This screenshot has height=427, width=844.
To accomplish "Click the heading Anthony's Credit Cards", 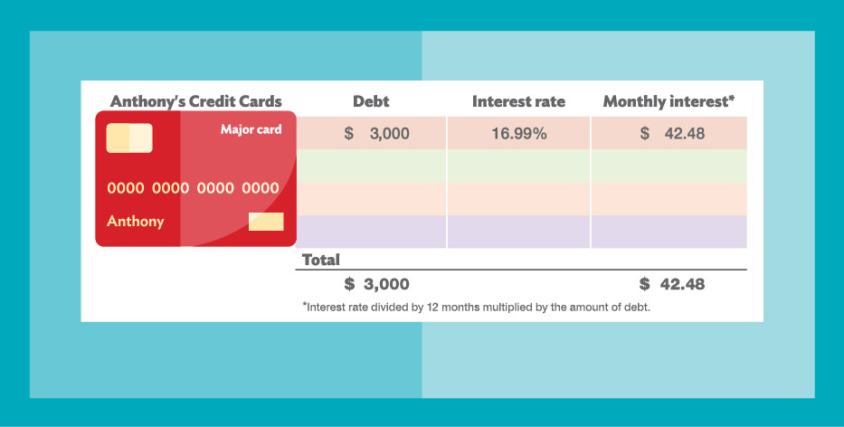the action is (196, 101).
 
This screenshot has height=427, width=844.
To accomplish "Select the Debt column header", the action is (371, 101).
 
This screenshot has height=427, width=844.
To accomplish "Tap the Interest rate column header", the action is (518, 101).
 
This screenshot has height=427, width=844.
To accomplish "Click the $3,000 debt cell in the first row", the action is (377, 134).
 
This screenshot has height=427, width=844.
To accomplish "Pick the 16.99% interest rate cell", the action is (519, 134).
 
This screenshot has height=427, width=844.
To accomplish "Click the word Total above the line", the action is (321, 260).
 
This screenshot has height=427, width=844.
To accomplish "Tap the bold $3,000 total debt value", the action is (377, 284).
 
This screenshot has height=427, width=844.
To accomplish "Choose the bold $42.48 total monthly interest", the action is (672, 284).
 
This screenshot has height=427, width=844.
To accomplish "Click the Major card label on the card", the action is (251, 129).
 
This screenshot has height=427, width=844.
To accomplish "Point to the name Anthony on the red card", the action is (136, 222).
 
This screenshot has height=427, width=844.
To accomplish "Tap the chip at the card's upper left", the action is (129, 138).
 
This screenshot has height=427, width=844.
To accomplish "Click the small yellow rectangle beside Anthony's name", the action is (266, 222).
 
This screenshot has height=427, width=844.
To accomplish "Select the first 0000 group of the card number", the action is (126, 188).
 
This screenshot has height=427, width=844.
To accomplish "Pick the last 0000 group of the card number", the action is (261, 188).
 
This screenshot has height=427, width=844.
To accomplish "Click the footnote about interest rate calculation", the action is (477, 308).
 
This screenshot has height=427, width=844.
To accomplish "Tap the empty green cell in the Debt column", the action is (371, 166).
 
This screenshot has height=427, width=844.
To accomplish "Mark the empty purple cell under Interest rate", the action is (519, 232).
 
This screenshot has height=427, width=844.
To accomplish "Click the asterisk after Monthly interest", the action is (731, 98).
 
